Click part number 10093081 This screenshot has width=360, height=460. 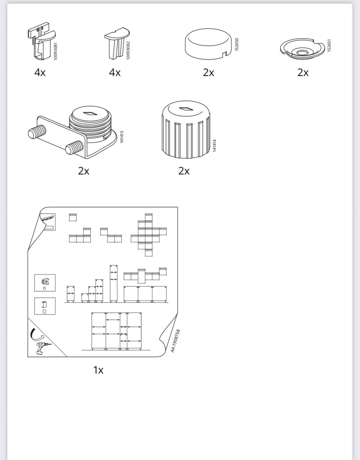click(x=55, y=51)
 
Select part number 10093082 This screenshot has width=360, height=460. click(x=128, y=50)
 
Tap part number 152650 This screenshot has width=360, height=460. click(x=237, y=44)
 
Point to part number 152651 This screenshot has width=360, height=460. click(x=329, y=45)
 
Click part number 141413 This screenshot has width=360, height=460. click(x=122, y=137)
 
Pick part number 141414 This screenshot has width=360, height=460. click(x=214, y=145)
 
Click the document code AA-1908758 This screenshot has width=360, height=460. click(x=175, y=341)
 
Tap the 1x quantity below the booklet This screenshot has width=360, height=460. click(x=98, y=370)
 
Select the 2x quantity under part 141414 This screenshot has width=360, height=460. click(x=184, y=171)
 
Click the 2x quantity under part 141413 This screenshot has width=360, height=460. click(x=84, y=171)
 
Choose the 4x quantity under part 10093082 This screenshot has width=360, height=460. click(x=115, y=73)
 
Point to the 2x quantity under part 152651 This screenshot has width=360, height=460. click(x=303, y=73)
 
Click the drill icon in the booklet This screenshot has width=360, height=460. click(x=43, y=348)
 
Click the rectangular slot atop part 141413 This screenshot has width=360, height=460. click(x=90, y=114)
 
